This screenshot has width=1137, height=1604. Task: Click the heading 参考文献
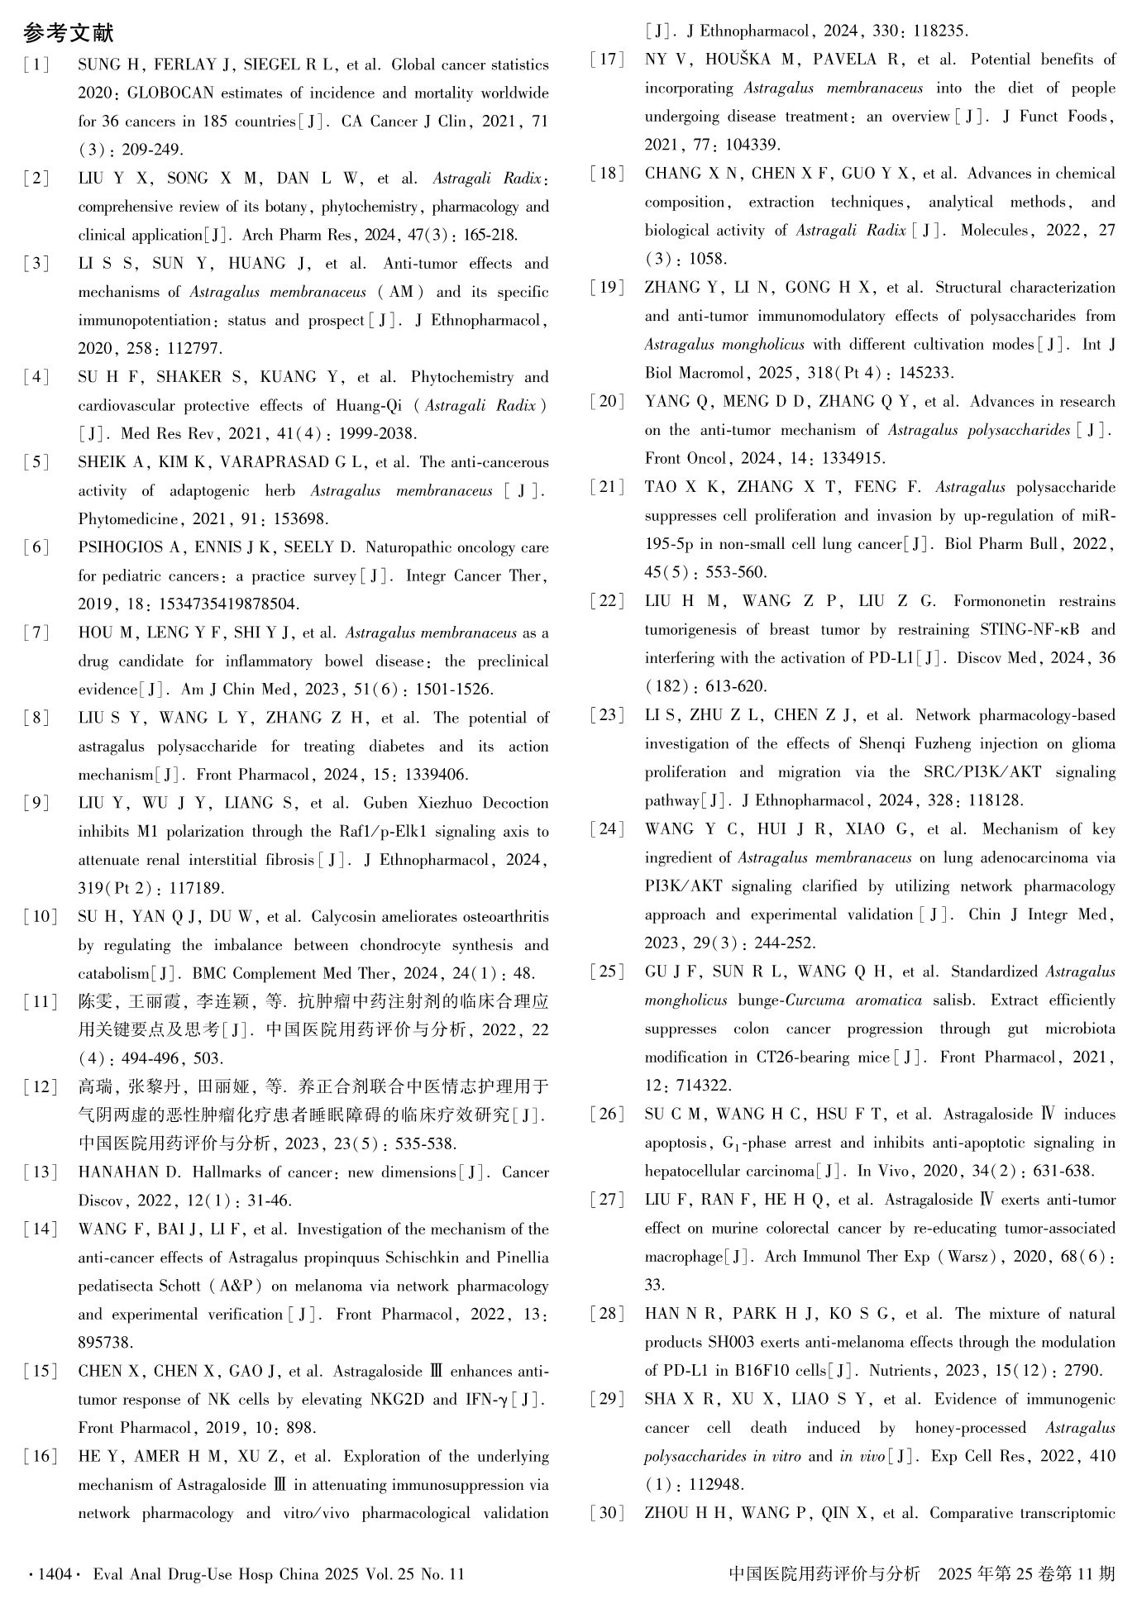click(x=69, y=33)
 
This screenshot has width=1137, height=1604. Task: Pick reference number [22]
click(x=608, y=601)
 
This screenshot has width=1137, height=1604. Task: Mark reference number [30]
click(x=608, y=1514)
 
